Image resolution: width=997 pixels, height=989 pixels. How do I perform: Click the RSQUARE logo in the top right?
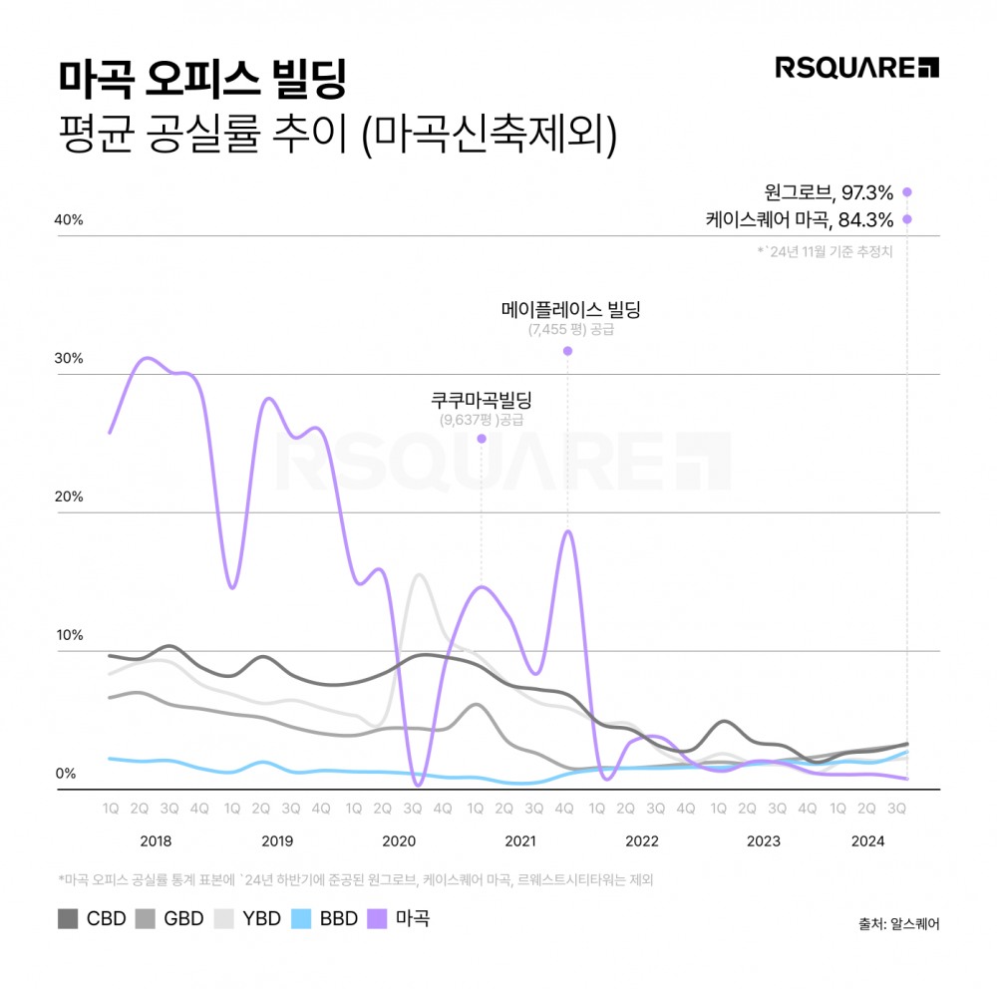pos(856,68)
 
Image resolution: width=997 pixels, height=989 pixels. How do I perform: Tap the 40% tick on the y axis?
pos(69,220)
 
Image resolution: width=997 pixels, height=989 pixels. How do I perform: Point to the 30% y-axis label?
pos(69,359)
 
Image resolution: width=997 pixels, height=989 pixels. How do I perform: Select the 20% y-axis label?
pos(69,497)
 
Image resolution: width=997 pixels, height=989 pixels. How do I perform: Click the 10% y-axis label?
pos(69,636)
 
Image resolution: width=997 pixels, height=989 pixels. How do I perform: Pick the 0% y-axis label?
pos(65,774)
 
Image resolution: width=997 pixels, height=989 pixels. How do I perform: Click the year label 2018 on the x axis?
pos(155,840)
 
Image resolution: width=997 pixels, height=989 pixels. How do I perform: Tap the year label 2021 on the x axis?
pos(519,840)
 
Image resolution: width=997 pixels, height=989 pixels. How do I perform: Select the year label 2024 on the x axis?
pos(867,840)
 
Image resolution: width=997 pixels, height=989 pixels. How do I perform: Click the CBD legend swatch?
pos(69,918)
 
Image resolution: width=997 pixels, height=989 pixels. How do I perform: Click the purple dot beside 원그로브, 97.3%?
pos(906,192)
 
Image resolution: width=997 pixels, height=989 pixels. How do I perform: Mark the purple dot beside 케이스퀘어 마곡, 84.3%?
pos(906,219)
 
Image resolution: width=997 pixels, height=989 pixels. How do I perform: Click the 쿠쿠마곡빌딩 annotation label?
pos(482,401)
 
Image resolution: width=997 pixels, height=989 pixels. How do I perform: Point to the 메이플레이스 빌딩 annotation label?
pos(570,309)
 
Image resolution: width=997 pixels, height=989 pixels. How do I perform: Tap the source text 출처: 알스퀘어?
pos(897,922)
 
